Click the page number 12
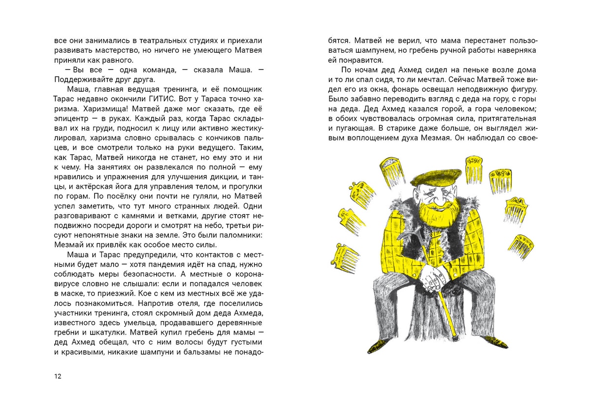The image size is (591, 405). (58, 376)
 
